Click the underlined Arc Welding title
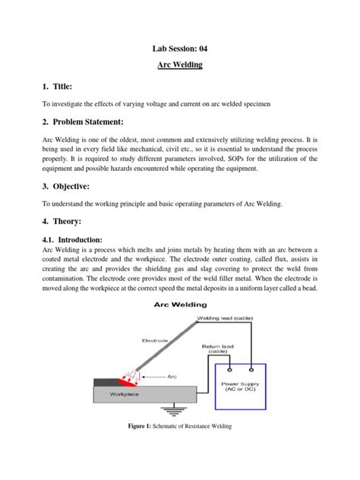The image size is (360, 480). point(180,65)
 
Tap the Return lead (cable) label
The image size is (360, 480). point(219,349)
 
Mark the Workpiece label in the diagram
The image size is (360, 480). point(122,395)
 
